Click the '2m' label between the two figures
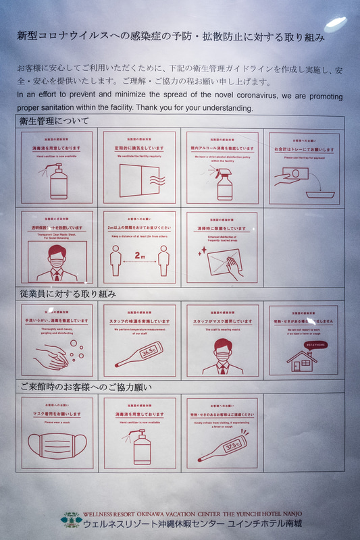(x=140, y=256)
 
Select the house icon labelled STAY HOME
(x=302, y=359)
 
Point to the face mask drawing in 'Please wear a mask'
(x=57, y=446)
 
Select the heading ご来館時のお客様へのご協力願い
(x=84, y=387)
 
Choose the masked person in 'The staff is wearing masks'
(x=223, y=356)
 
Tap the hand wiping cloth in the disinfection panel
(x=226, y=264)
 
